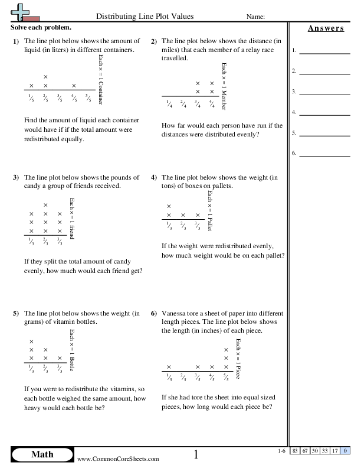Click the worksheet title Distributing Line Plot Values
coord(144,17)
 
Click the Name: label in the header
coord(255,17)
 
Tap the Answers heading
coord(326,28)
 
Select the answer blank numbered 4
coord(324,112)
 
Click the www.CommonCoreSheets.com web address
coord(118,459)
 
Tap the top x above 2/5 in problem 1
coord(45,77)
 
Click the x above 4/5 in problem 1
coord(74,86)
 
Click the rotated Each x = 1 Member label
coord(224,86)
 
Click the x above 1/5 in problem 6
coord(169,366)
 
